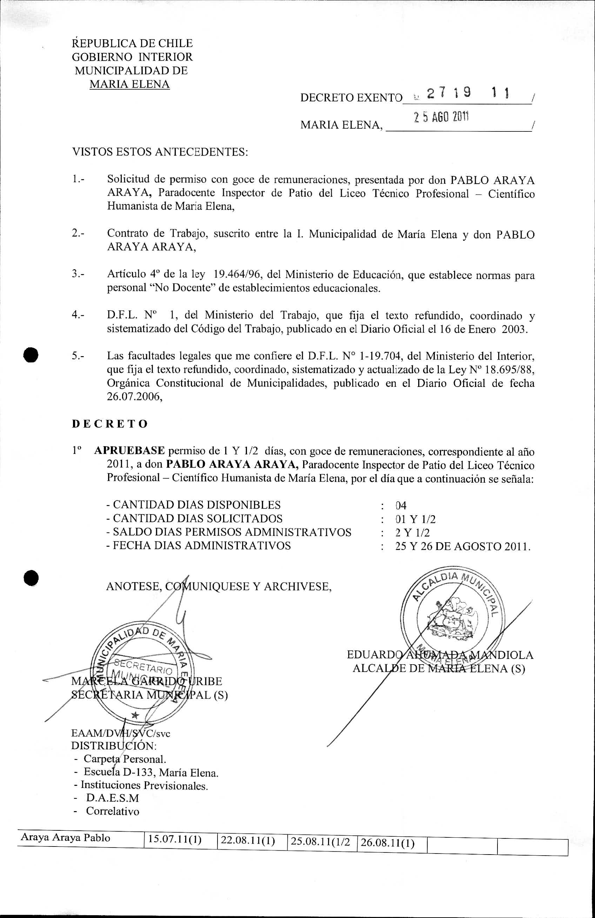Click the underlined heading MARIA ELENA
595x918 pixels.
[129, 84]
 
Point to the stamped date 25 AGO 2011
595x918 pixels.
[441, 116]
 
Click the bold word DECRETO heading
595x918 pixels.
[110, 424]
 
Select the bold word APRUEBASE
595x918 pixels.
[129, 450]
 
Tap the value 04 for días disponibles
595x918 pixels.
[401, 505]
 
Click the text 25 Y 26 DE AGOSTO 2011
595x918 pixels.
[462, 546]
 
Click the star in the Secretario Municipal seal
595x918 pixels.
[135, 715]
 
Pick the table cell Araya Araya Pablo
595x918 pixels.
[65, 838]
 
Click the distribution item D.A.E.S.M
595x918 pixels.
[112, 798]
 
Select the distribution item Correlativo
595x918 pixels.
[112, 811]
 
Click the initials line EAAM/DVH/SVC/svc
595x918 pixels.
[120, 733]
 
